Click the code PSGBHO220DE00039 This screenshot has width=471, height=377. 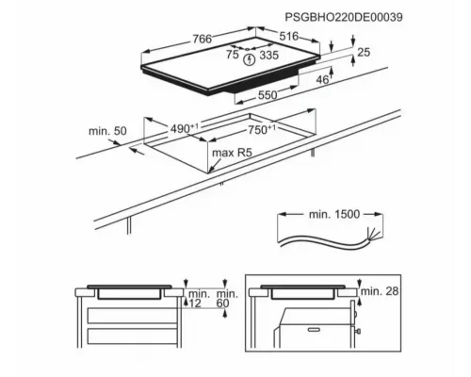point(344,17)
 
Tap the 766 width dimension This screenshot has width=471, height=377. point(203,39)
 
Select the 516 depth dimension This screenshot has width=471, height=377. point(289,36)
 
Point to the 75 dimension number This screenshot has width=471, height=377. point(233,55)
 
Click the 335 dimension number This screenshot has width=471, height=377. point(269,56)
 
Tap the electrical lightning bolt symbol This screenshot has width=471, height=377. point(250,59)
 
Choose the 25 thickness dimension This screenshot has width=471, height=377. point(364,52)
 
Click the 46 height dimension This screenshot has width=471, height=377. point(322,80)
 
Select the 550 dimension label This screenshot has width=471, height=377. point(268,95)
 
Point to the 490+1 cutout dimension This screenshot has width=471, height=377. point(185,128)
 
